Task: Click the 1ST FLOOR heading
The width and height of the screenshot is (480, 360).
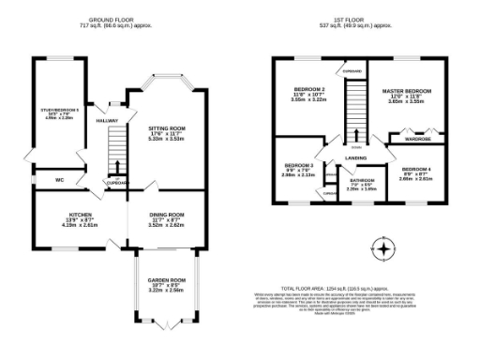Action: pos(359,19)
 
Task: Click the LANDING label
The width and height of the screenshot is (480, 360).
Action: pos(355,157)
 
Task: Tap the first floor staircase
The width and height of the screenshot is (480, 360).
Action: pos(355,108)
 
